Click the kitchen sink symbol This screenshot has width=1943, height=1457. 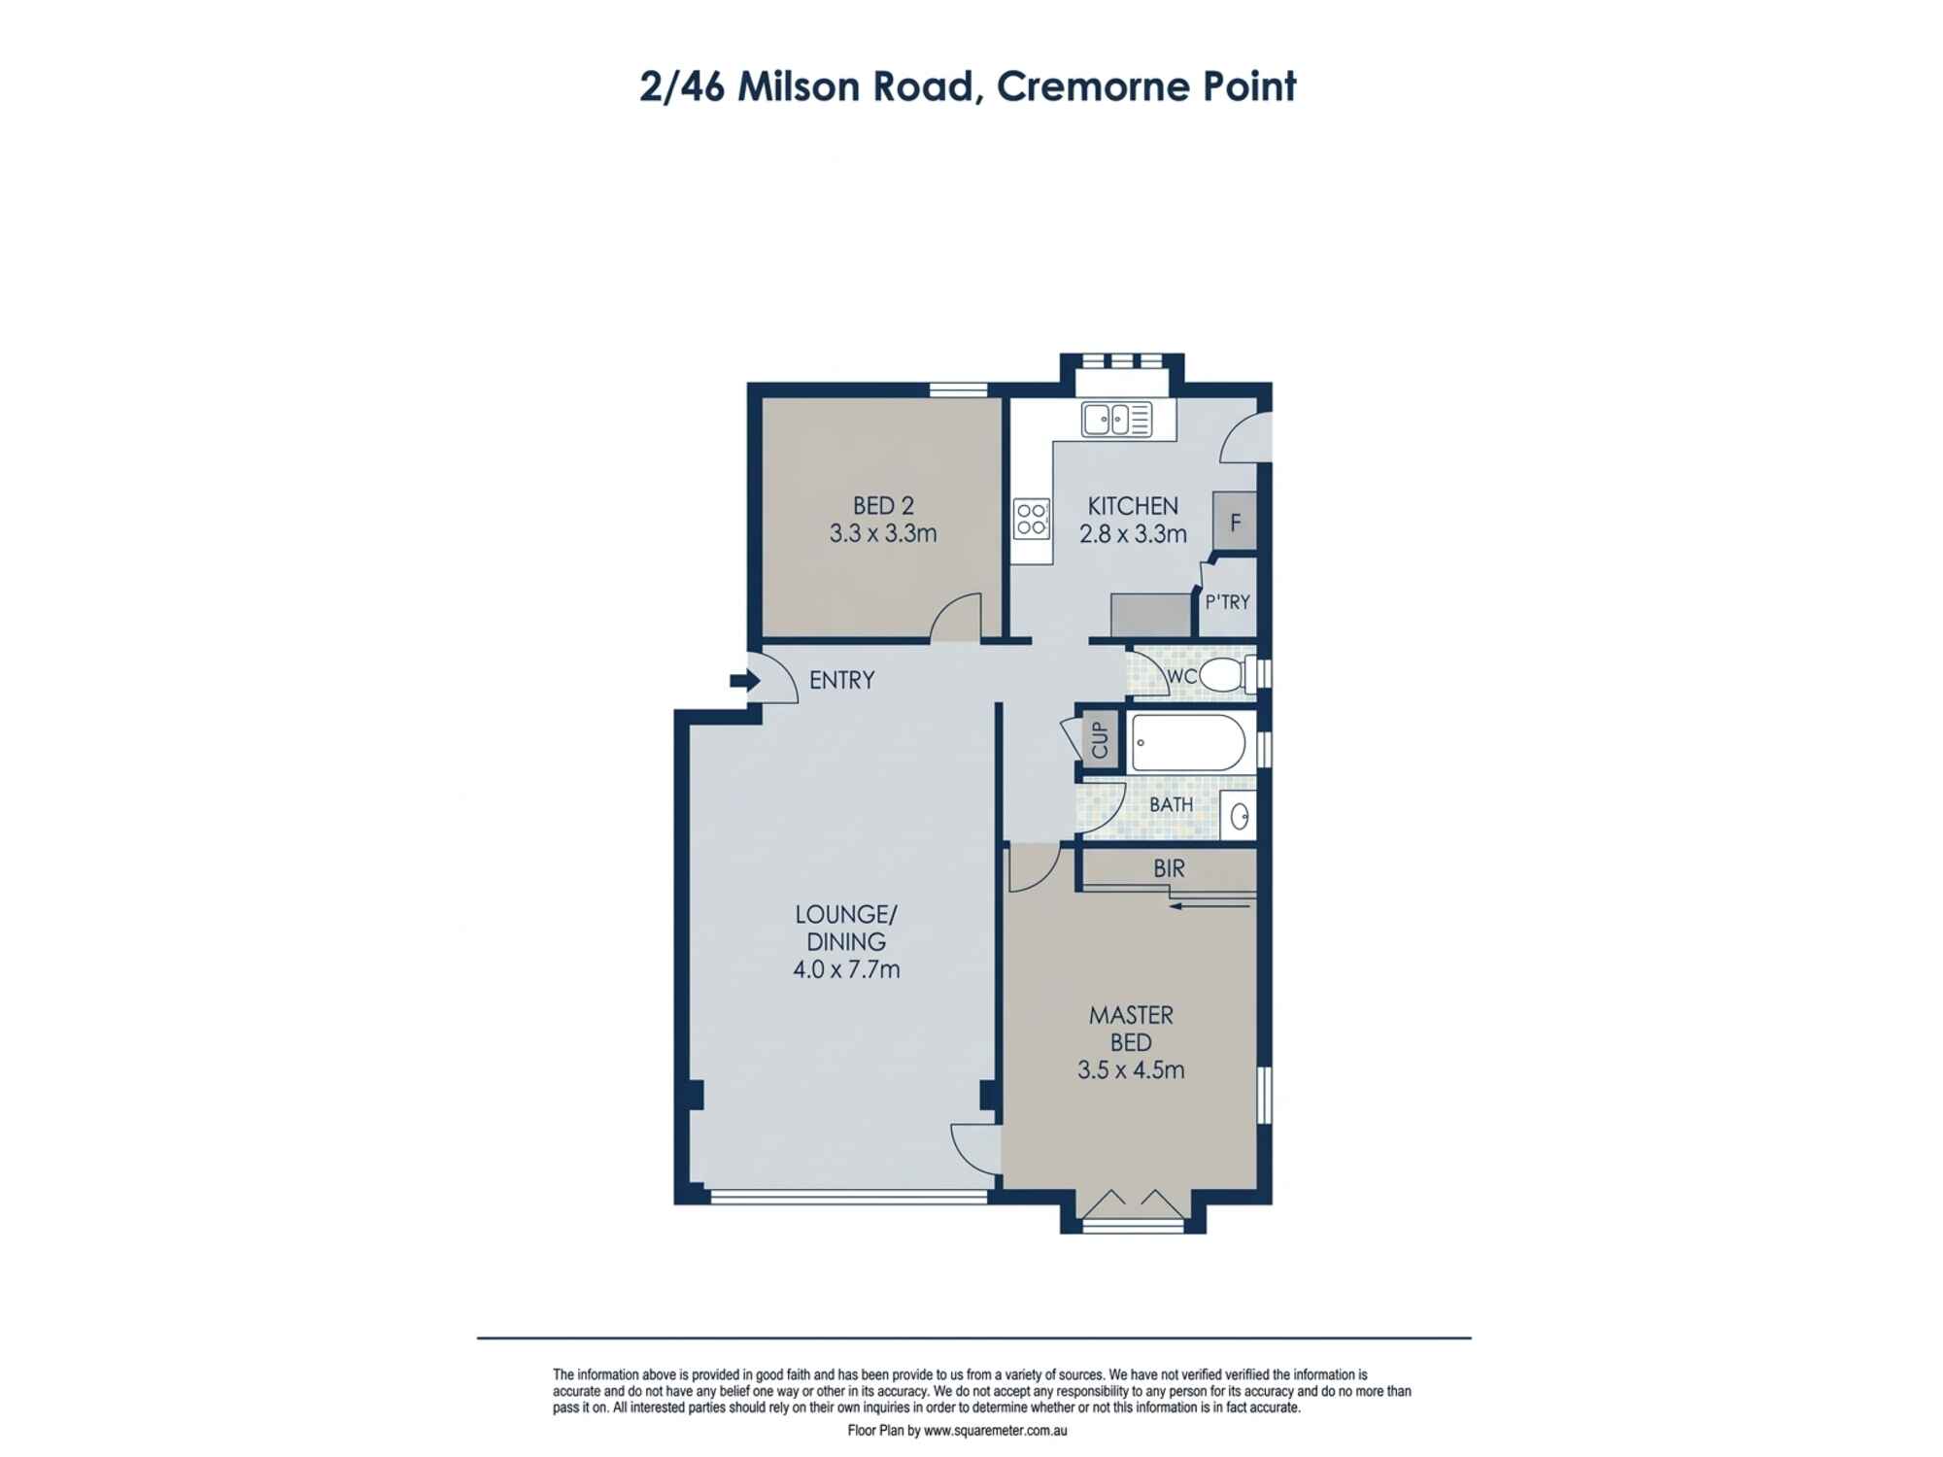(x=1116, y=420)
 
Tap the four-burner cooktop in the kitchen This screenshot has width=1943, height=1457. (x=1032, y=518)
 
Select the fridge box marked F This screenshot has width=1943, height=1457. (x=1235, y=522)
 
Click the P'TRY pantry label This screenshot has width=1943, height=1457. (x=1227, y=602)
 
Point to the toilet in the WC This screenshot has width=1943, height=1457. (x=1221, y=674)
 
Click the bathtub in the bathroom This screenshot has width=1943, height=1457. (x=1187, y=743)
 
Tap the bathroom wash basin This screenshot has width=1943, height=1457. (x=1239, y=816)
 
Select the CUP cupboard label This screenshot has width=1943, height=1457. (x=1100, y=740)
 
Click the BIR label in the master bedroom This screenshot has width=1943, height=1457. (x=1169, y=868)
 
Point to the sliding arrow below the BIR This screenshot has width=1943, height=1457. (x=1210, y=906)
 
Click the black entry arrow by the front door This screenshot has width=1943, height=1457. (x=744, y=681)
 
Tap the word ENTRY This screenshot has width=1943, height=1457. (x=841, y=680)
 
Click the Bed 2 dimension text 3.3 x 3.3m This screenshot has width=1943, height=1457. (x=882, y=533)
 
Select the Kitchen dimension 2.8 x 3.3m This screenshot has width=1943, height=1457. (x=1133, y=533)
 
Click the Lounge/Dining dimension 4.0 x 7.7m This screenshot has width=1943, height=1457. (x=846, y=969)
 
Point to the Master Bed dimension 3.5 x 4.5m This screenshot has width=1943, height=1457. (x=1131, y=1070)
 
